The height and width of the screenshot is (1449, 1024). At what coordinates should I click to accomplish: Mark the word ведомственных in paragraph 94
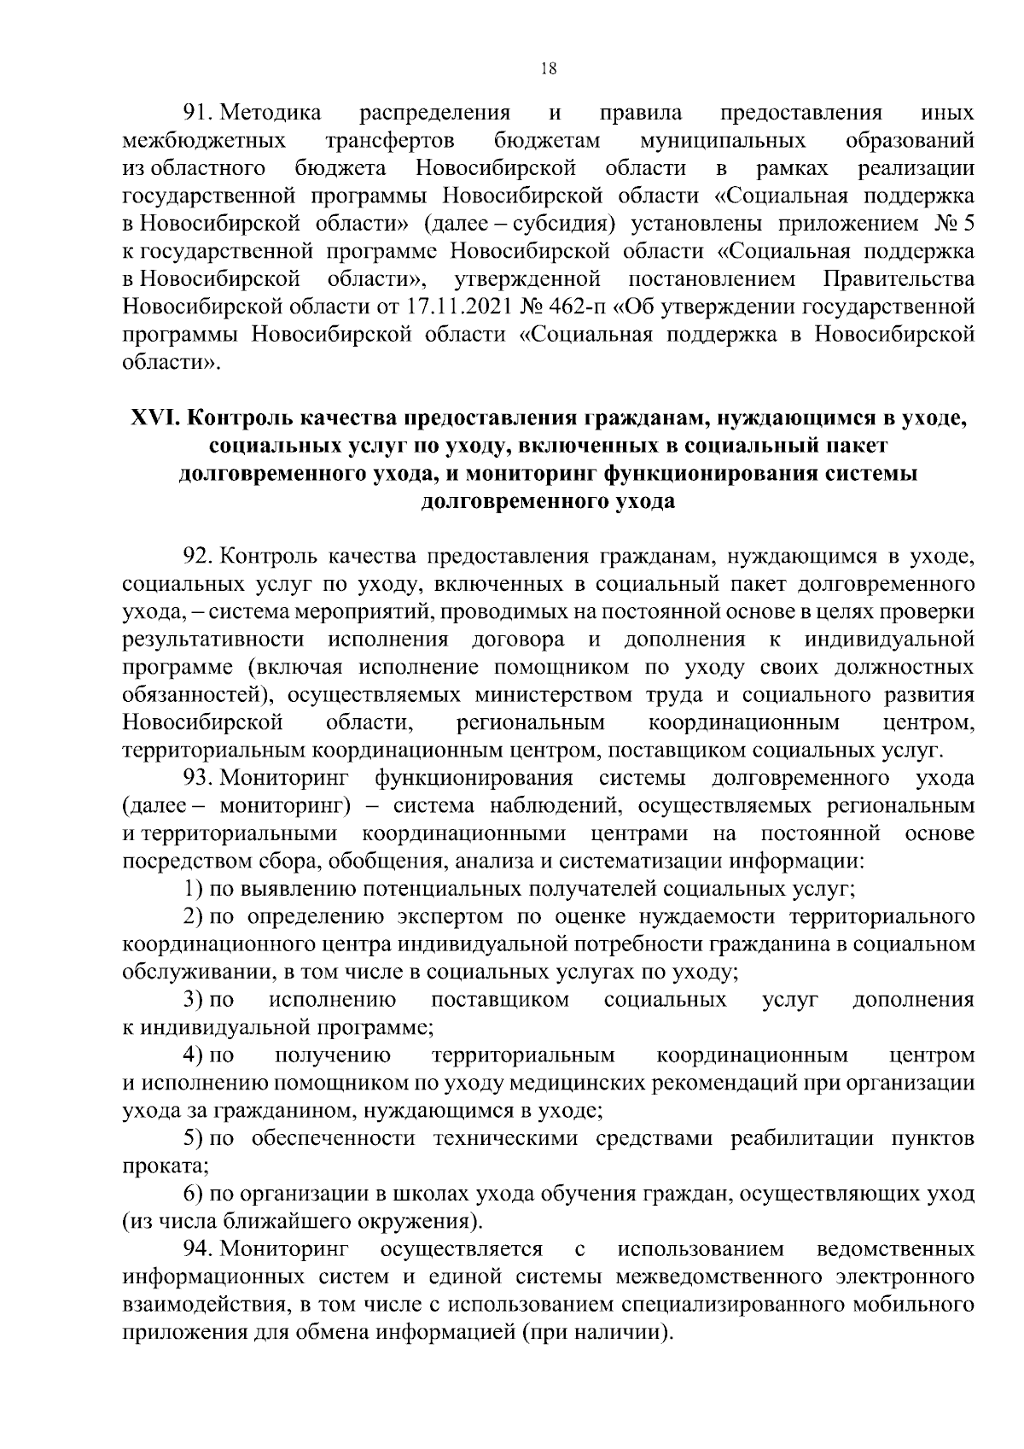click(x=895, y=1249)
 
